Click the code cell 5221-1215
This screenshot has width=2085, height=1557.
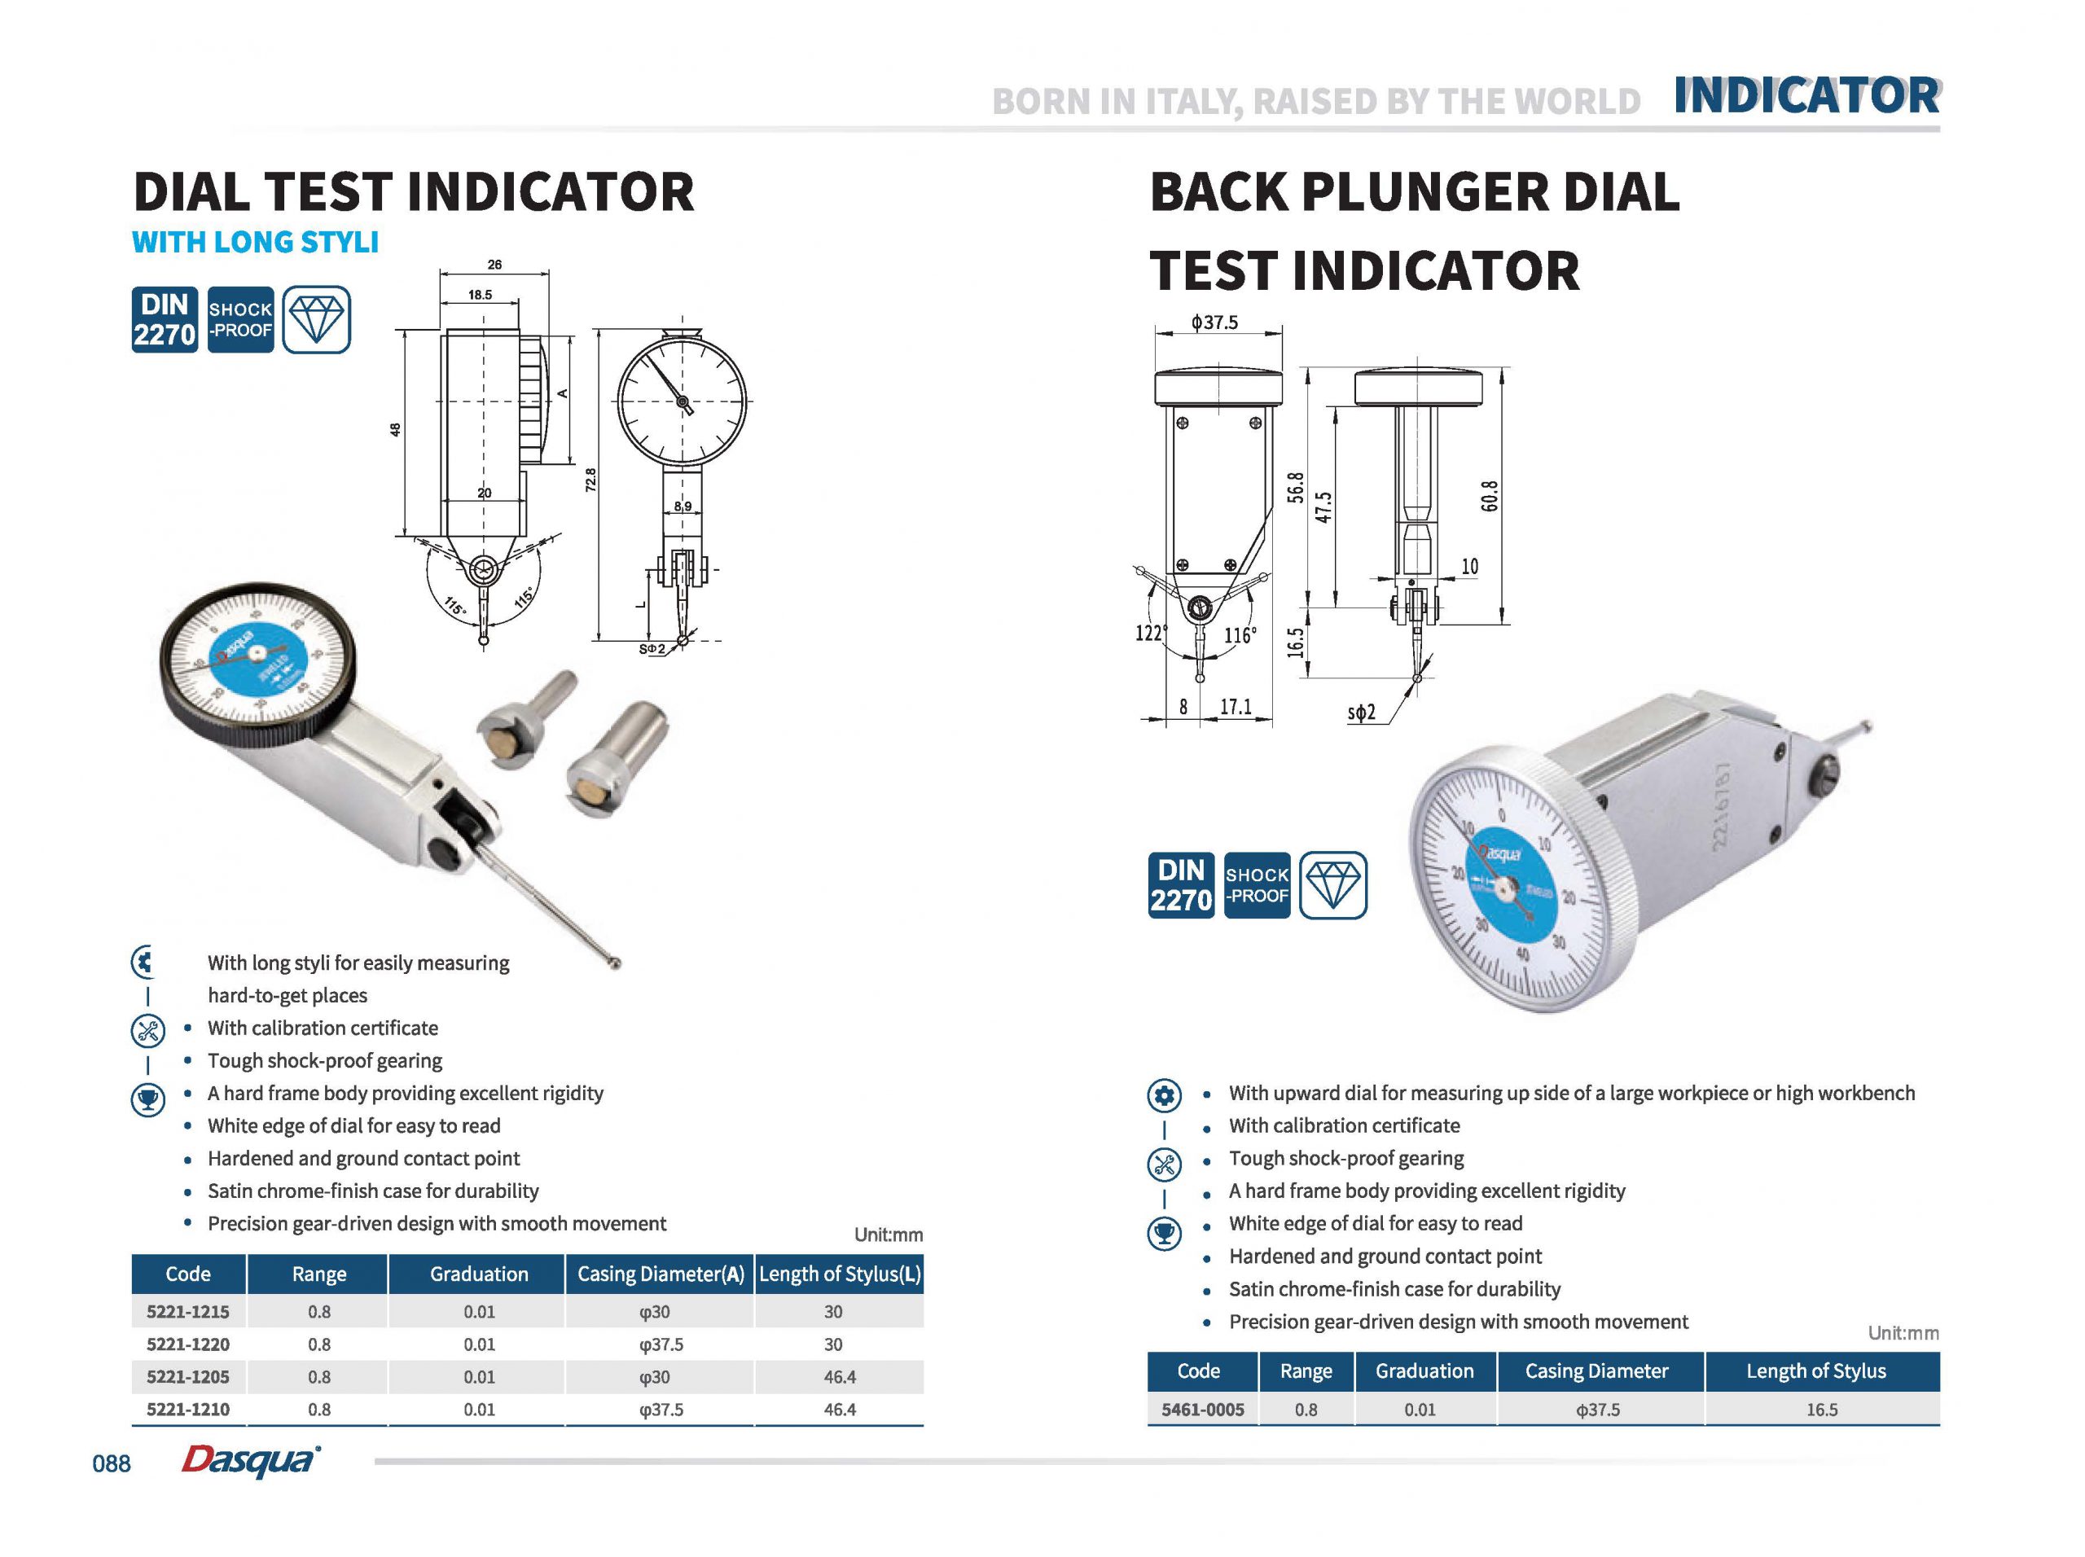pos(187,1311)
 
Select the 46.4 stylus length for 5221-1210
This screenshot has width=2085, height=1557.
pos(839,1409)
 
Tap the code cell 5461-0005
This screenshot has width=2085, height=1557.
pos(1202,1409)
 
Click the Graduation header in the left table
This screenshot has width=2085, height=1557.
pos(479,1274)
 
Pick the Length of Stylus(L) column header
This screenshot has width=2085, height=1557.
pos(839,1274)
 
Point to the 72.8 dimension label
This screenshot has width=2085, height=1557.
pos(590,480)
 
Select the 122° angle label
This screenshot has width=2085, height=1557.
pos(1151,633)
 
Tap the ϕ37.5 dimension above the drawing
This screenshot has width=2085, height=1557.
pos(1214,322)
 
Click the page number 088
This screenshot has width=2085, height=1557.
pos(112,1463)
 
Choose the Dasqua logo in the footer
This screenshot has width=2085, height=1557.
pos(250,1460)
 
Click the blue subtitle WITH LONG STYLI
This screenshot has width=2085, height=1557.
pos(256,242)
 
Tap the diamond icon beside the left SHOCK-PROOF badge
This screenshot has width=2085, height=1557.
pos(316,319)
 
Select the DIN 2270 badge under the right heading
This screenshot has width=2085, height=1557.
pos(1181,885)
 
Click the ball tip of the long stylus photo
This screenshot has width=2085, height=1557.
pos(616,963)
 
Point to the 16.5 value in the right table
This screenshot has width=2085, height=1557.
pos(1821,1410)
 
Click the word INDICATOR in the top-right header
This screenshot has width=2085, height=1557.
pos(1806,96)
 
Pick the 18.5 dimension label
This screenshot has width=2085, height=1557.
pos(480,295)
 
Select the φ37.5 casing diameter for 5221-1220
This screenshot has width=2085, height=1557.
pos(660,1344)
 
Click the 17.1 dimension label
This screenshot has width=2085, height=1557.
pos(1236,706)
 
